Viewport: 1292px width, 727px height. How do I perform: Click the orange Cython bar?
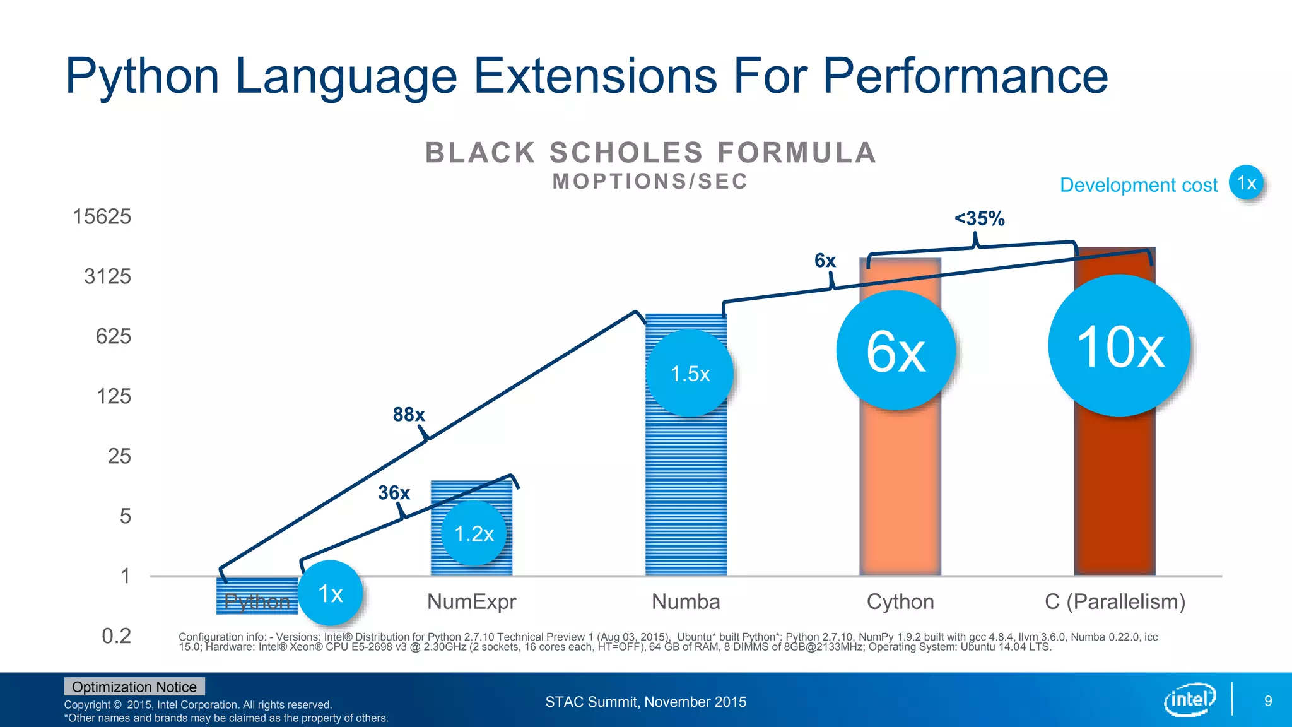900,492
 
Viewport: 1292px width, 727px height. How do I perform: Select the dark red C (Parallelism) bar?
1115,492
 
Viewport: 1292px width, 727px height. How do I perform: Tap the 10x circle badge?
1119,346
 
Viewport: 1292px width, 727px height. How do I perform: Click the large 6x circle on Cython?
896,351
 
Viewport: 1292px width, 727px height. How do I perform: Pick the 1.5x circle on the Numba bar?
690,374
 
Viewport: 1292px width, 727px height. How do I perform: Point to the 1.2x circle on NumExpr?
474,534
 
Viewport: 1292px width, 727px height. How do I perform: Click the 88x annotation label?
408,415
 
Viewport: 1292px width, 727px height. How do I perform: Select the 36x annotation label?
394,493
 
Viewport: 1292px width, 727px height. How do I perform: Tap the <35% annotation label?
979,219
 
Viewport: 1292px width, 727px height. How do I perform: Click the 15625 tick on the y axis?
102,216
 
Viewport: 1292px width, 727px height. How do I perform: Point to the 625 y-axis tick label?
113,336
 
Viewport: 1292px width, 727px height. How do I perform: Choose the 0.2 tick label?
116,635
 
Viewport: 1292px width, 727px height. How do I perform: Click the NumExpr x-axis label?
471,601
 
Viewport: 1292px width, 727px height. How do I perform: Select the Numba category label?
686,601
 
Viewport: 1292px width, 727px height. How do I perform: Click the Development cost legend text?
1138,185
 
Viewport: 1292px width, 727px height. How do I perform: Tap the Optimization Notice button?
134,687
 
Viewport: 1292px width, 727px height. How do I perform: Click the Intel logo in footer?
1189,699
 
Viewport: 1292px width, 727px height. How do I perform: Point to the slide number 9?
1268,700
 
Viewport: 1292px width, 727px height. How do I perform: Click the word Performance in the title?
965,76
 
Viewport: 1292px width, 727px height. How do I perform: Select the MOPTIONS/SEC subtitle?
650,182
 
